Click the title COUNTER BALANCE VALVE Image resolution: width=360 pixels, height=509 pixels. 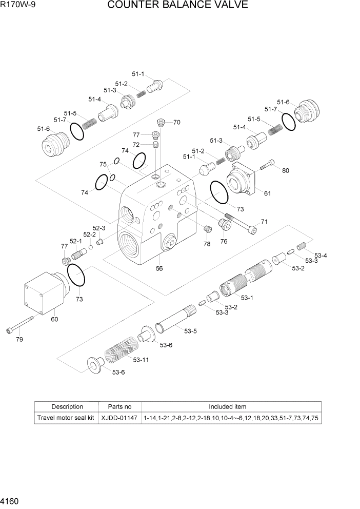tap(177, 6)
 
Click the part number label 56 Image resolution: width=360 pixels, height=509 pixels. tap(159, 268)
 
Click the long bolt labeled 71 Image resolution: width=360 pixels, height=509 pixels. tap(239, 223)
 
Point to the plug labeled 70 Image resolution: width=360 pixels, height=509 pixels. tap(161, 122)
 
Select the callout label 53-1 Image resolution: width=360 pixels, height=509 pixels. tap(248, 297)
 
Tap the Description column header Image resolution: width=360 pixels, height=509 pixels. tap(67, 406)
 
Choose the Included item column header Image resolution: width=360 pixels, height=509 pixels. tap(227, 406)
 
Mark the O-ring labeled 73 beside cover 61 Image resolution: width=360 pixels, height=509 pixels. tap(219, 191)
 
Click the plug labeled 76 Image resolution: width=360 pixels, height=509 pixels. tap(224, 225)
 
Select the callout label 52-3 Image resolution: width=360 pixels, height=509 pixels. tap(99, 228)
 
